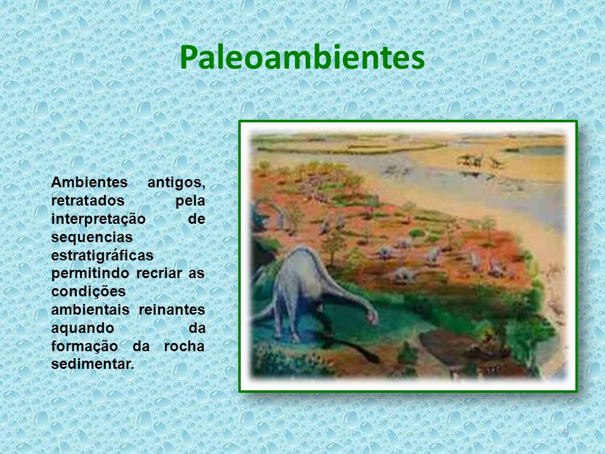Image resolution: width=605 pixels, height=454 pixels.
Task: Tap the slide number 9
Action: (x=566, y=433)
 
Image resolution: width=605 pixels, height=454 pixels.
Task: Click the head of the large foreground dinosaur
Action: (x=371, y=318)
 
